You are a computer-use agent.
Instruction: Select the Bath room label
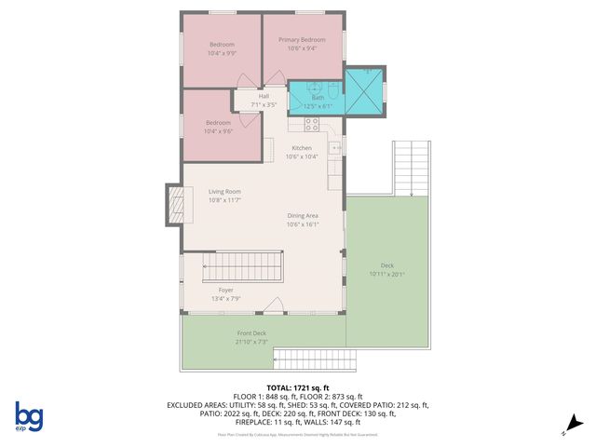318,97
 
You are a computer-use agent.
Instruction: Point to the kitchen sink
339,146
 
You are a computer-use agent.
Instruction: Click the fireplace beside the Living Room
174,205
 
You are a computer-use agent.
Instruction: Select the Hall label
264,96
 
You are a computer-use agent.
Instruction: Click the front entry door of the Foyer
273,306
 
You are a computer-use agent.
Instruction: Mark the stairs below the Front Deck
314,359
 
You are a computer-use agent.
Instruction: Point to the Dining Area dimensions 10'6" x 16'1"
303,224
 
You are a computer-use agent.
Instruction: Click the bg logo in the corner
29,416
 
